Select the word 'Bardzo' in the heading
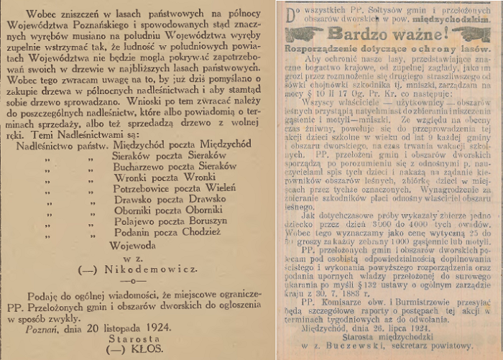tap(350, 33)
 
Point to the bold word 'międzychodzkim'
tap(455, 21)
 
